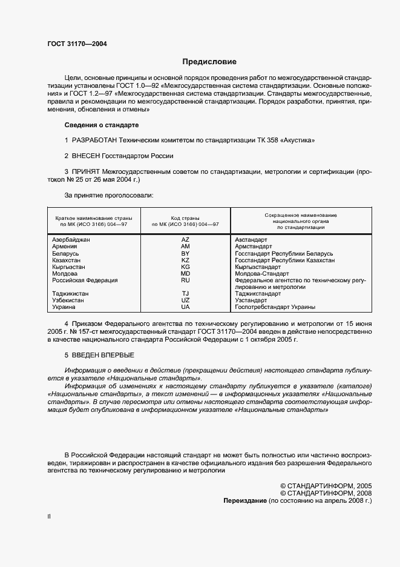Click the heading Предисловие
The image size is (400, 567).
[x=209, y=62]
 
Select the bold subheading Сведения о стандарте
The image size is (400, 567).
[x=101, y=125]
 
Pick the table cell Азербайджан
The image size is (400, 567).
[x=71, y=240]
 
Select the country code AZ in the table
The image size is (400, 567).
[x=186, y=240]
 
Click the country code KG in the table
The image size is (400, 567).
[x=186, y=267]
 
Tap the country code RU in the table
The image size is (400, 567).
[x=186, y=280]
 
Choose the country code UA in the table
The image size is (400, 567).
[x=186, y=307]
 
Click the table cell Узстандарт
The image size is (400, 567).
[x=251, y=300]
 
